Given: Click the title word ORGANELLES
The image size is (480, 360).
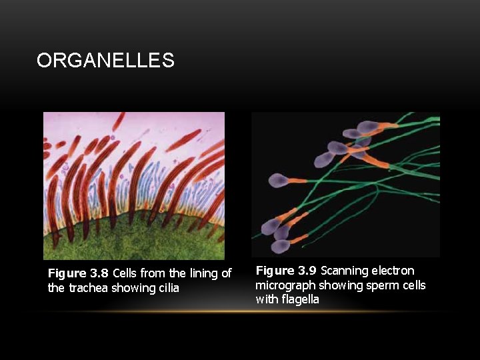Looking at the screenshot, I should [105, 61].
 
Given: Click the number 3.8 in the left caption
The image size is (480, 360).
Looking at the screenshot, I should [99, 273].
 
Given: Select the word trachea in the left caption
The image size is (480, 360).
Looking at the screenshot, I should [89, 288].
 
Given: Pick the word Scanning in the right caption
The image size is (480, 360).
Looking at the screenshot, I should [345, 271].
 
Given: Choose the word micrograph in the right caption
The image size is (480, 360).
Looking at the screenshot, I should [285, 285].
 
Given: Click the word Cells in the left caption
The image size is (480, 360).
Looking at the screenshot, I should [125, 273].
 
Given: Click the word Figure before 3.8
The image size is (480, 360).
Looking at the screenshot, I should [67, 273].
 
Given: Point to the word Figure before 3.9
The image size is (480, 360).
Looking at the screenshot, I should [275, 271].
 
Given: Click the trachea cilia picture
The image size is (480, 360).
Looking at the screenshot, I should [134, 185].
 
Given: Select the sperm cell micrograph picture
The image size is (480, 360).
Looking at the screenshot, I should [345, 184].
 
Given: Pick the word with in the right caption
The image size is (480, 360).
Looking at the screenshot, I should [265, 299].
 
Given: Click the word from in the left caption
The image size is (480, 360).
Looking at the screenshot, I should [153, 273].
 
